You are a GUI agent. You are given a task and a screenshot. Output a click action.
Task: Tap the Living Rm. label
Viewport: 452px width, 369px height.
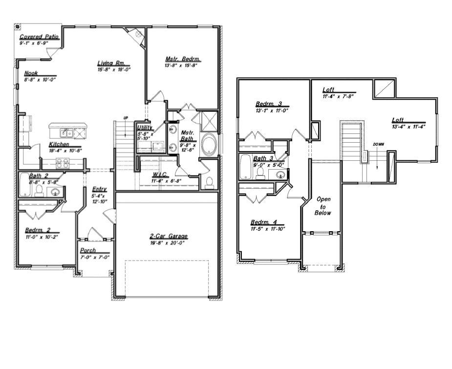113,63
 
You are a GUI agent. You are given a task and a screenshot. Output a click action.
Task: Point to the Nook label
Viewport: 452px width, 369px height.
31,73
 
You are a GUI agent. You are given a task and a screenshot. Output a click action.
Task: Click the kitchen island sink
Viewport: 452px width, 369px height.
67,132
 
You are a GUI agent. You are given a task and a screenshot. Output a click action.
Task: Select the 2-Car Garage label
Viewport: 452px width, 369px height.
169,237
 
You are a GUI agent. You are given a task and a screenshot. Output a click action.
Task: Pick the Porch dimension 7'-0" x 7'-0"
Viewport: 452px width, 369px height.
94,257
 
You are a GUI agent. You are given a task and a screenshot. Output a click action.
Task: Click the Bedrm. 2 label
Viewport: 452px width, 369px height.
42,230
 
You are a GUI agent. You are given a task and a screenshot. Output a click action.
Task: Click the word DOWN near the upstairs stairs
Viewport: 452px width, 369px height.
378,145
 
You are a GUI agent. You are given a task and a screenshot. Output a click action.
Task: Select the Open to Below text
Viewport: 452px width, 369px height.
323,206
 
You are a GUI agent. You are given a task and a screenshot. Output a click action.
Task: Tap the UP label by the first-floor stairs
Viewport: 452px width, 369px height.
125,117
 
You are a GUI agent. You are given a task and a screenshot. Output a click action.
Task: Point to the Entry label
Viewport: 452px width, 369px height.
99,189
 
